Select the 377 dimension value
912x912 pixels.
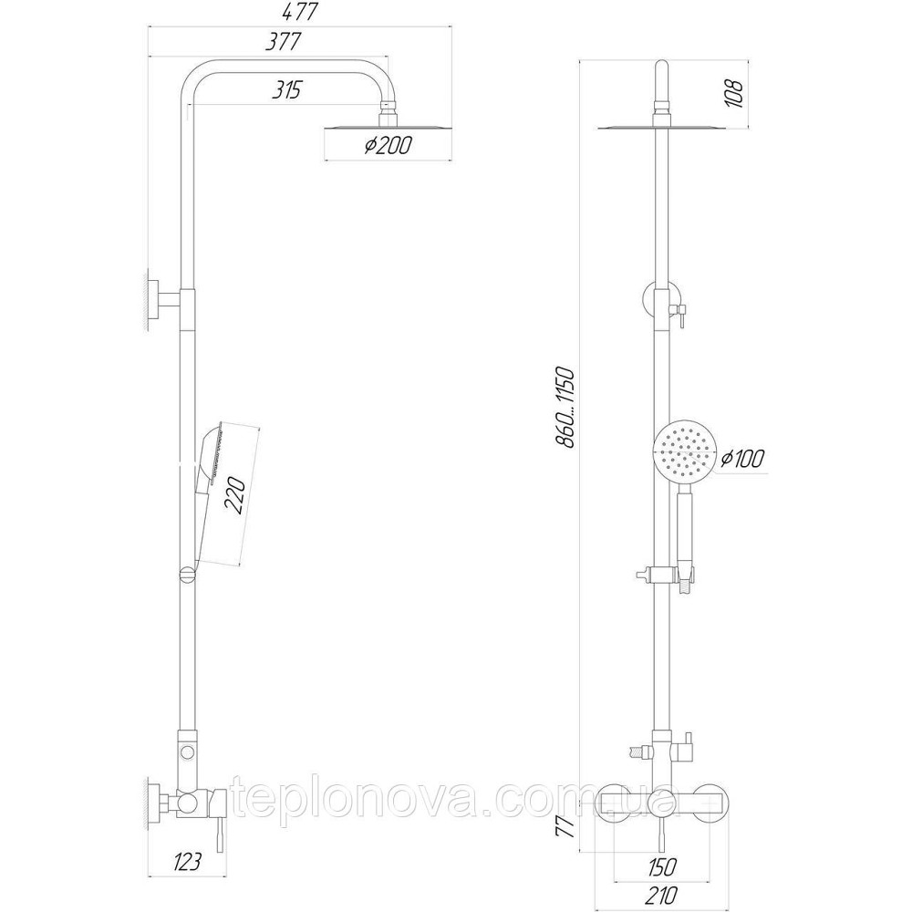point(285,43)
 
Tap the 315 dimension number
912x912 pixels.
point(285,89)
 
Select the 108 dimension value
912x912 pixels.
point(736,92)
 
